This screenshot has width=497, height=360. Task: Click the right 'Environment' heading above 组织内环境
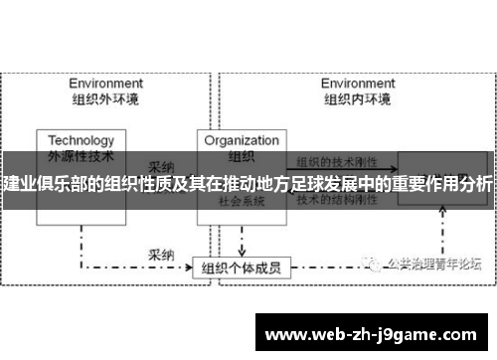click(357, 84)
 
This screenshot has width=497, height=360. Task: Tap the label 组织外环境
click(103, 98)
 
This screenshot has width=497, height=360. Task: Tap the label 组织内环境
click(357, 98)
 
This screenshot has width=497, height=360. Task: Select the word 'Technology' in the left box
click(82, 140)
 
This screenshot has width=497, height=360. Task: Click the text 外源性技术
click(82, 155)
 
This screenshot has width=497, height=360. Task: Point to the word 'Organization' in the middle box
click(241, 140)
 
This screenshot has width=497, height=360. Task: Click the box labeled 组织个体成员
click(241, 240)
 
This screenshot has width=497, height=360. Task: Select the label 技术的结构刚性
click(338, 199)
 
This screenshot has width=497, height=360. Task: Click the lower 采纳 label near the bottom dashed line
click(162, 228)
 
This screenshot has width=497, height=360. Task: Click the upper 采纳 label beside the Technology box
click(162, 167)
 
